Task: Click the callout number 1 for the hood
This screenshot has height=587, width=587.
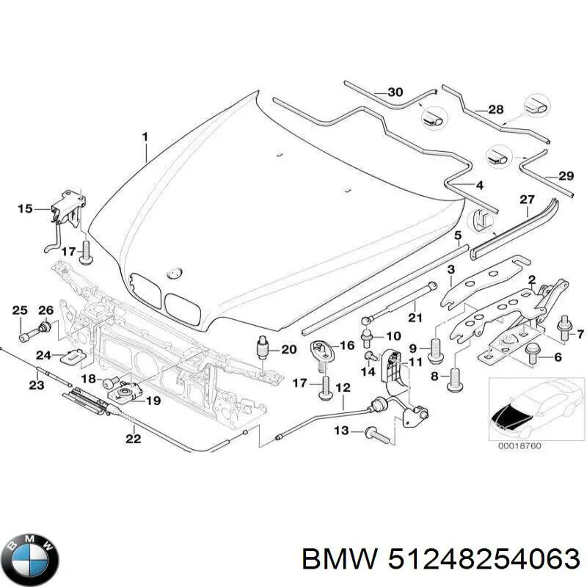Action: (x=145, y=136)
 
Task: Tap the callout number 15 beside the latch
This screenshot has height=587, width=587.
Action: (x=25, y=209)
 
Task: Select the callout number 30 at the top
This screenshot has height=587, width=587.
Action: (x=395, y=92)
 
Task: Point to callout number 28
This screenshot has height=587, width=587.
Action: (x=496, y=109)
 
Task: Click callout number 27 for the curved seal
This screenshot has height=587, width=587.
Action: (x=528, y=200)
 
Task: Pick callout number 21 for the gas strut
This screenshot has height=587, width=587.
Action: (x=415, y=318)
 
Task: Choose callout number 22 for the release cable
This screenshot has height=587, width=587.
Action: (x=133, y=440)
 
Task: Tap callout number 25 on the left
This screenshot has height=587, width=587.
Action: (x=20, y=308)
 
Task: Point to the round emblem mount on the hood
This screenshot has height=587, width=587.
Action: (x=174, y=272)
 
